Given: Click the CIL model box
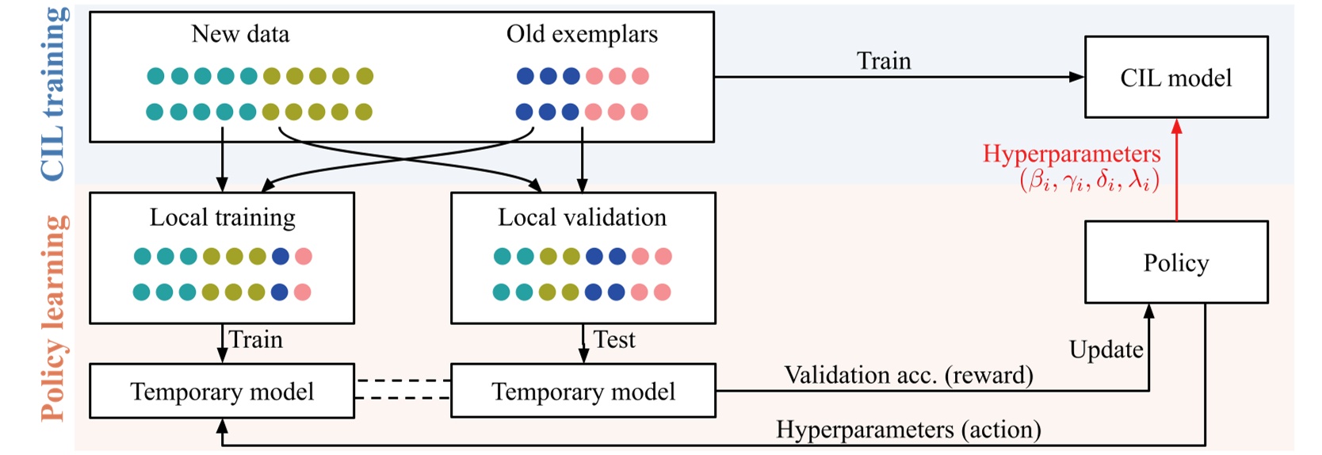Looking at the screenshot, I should coord(1175,78).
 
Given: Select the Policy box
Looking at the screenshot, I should coord(1175,262).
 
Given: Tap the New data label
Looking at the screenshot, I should coord(240,34).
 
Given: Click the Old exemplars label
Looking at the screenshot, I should coord(582,34).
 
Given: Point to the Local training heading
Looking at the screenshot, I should coord(222,217).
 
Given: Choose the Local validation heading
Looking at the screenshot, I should coord(582,217).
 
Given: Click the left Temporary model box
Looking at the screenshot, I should coord(222,392).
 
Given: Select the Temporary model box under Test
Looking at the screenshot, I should coord(583,392).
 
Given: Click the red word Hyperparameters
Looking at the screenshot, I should coord(1072,154).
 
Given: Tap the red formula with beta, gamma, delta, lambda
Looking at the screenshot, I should coord(1089,182).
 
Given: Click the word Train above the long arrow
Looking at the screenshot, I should coord(884,61).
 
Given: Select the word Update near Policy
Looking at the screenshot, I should coord(1106,350).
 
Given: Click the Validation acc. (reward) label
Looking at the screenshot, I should coord(908,375).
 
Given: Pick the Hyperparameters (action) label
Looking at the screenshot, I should coord(908,430).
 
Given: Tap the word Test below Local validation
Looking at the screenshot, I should coord(614,339).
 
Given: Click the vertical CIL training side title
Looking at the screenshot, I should coord(54,93).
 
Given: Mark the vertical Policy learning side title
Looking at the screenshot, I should coord(54,318).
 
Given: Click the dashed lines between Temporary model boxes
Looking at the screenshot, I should coord(403,389).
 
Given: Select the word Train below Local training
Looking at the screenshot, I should coord(255,339).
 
